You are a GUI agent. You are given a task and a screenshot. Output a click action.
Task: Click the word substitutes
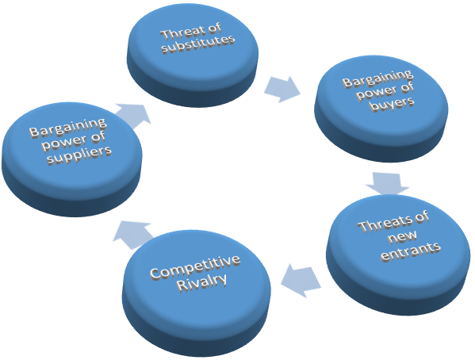[x=198, y=44]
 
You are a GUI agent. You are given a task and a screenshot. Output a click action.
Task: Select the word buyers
[x=393, y=104]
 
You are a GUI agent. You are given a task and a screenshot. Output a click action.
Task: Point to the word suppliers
[x=79, y=155]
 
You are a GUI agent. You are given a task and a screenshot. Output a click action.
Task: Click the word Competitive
[x=195, y=266]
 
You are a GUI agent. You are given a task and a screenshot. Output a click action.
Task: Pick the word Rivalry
[x=201, y=283]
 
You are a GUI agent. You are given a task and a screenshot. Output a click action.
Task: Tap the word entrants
[x=411, y=251]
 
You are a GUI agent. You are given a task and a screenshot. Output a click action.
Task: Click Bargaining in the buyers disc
[x=377, y=79]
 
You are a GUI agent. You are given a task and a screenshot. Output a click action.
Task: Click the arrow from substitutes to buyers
[x=282, y=89]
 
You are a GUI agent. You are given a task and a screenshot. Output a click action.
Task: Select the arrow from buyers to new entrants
[x=388, y=183]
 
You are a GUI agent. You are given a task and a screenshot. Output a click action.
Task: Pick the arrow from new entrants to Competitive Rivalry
[x=301, y=280]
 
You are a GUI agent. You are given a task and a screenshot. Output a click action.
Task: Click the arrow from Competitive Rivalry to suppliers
[x=132, y=235]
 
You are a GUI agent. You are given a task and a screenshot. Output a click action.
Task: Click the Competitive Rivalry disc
[x=197, y=293]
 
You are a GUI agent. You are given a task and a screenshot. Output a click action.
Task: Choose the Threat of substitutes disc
[x=193, y=56]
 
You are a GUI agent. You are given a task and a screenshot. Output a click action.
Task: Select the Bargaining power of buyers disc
[x=381, y=108]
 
